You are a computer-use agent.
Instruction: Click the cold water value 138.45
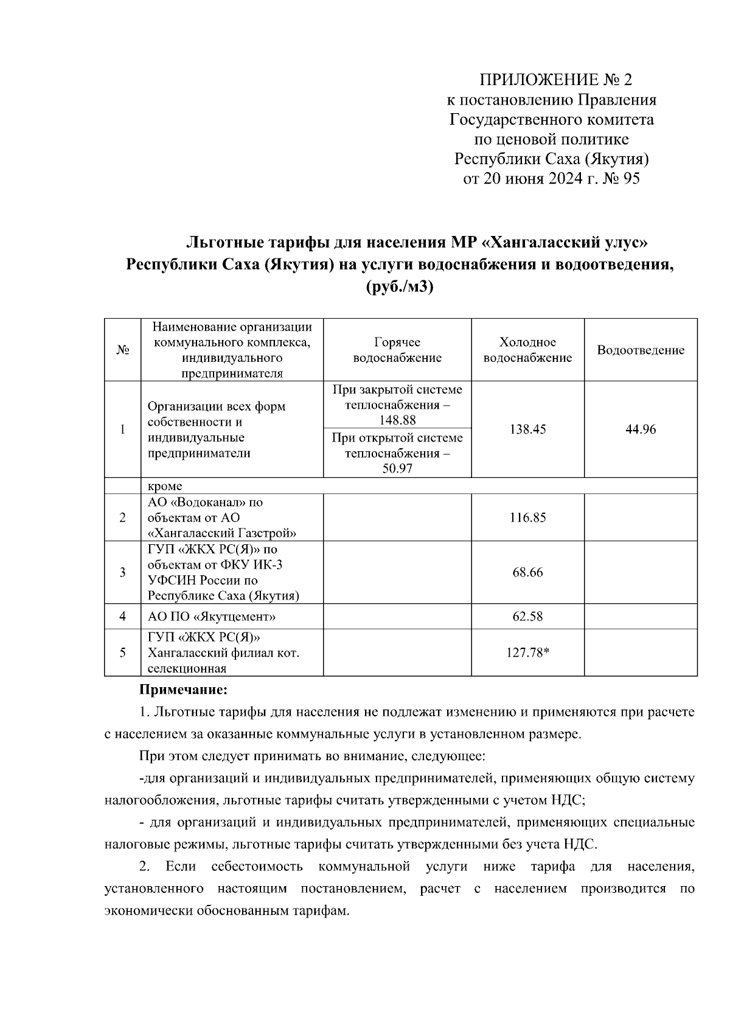tap(527, 429)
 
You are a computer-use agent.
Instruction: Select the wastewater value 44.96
tap(641, 429)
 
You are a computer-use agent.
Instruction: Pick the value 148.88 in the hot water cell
tap(397, 420)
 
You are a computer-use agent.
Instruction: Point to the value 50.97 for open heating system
tap(397, 469)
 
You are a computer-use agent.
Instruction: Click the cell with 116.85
tap(527, 518)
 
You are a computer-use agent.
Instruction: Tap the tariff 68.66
tap(527, 572)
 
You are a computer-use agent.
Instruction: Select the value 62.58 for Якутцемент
tap(527, 617)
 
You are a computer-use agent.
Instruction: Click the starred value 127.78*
tap(527, 653)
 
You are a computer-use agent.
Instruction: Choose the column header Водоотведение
tap(641, 350)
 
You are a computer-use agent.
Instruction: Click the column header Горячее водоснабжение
tap(397, 350)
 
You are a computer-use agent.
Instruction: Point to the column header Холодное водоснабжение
tap(527, 350)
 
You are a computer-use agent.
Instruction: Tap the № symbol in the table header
tap(122, 350)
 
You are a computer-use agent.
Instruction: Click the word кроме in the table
tap(165, 486)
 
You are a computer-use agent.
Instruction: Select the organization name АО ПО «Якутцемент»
tap(212, 617)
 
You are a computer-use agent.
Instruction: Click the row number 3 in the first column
tap(122, 572)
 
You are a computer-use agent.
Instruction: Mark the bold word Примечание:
tap(183, 690)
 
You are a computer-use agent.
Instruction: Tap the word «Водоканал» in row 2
tap(204, 502)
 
